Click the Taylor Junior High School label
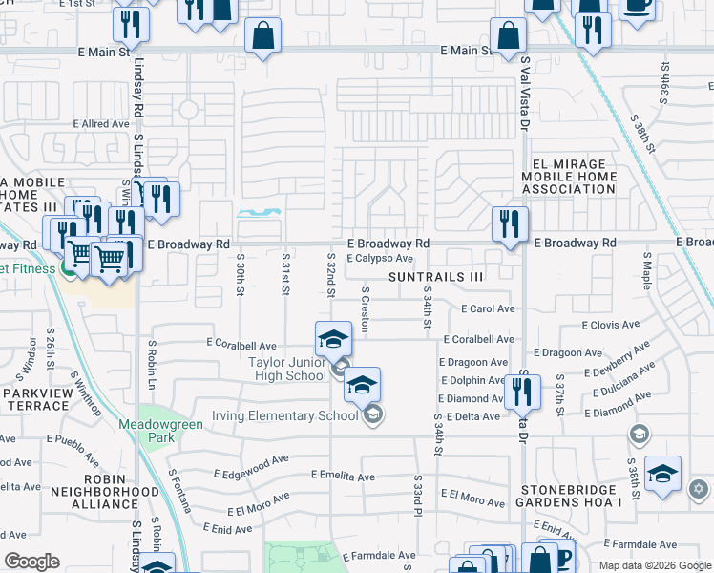[x=287, y=369]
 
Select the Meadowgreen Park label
[x=157, y=431]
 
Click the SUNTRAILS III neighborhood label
[x=436, y=276]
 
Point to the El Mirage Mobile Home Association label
[x=569, y=176]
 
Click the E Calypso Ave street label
[x=379, y=258]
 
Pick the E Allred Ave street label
[x=101, y=124]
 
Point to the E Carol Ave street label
[x=488, y=309]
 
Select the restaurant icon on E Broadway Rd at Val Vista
[x=510, y=224]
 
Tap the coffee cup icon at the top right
[x=636, y=5]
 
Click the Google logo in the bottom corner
[x=32, y=562]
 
